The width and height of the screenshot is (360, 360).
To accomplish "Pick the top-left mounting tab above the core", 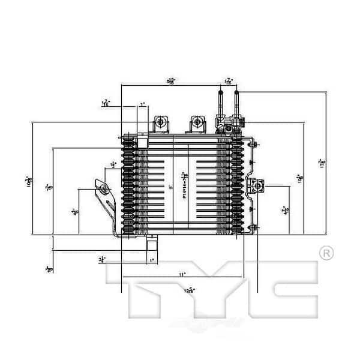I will pos(161,124).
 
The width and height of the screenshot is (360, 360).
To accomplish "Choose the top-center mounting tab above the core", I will pos(196,124).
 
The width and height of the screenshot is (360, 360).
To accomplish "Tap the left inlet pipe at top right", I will pos(221,102).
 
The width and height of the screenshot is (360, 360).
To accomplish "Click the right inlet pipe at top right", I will pos(236,102).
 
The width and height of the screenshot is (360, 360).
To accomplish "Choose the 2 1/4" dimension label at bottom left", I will pos(103,259).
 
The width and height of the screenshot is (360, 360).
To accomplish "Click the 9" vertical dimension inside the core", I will pos(171,187).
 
